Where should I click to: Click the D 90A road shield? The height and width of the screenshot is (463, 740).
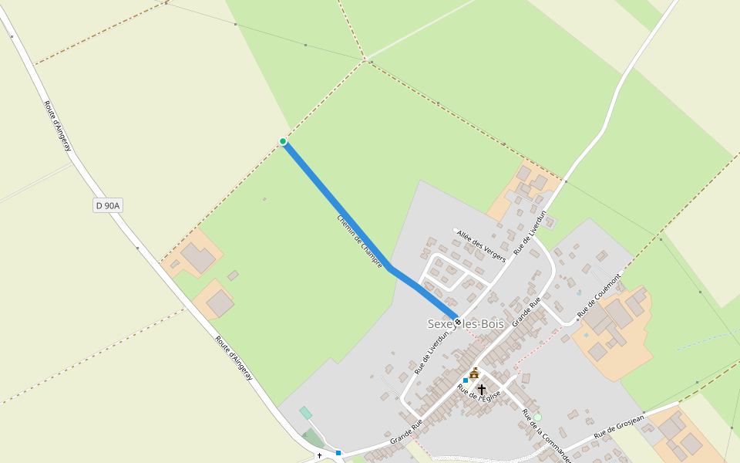(x=109, y=205)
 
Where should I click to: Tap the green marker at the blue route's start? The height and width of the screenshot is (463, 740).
(x=283, y=141)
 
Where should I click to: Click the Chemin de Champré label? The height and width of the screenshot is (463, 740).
(x=359, y=241)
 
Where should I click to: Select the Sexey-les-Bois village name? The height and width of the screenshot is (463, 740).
(x=466, y=324)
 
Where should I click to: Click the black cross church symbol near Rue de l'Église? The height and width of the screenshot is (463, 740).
(x=482, y=390)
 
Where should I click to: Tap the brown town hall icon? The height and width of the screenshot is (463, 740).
(x=474, y=373)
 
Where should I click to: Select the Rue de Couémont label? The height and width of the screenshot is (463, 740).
(x=599, y=294)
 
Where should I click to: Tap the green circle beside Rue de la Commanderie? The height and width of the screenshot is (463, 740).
(x=537, y=417)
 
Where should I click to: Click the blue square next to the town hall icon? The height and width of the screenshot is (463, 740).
(x=466, y=380)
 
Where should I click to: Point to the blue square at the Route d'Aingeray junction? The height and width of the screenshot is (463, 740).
(x=338, y=452)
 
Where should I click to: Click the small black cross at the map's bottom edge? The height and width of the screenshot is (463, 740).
(x=319, y=456)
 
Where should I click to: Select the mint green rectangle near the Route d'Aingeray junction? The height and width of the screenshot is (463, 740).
(x=306, y=413)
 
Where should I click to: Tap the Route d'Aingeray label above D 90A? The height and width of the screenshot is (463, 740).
(x=58, y=125)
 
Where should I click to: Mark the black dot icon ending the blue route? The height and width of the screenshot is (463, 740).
(x=458, y=322)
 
